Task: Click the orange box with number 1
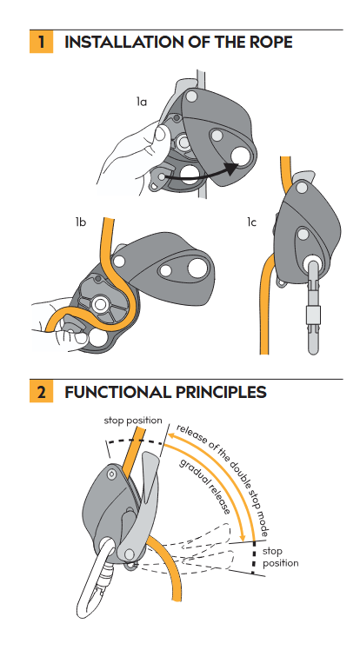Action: coord(41,42)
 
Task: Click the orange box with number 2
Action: coord(41,391)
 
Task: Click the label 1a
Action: coord(142,101)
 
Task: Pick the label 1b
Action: coord(81,222)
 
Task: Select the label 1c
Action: coord(251,222)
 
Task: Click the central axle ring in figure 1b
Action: coord(99,305)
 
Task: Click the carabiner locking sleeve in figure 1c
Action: coord(314,316)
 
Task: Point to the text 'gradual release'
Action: coord(204,487)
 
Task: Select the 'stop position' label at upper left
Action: coord(133,421)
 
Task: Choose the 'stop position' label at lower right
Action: coord(280,557)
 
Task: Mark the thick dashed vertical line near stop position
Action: coord(254,557)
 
